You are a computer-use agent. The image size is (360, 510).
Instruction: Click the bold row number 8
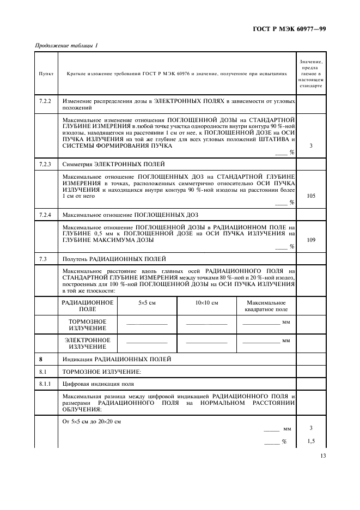tap(40, 360)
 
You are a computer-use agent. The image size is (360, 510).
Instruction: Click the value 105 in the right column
tap(311, 196)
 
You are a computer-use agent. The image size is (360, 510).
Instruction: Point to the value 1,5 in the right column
tap(311, 441)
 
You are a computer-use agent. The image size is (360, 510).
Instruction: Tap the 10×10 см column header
tap(206, 302)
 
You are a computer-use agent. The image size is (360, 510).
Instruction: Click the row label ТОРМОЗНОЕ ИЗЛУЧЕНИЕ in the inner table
tap(88, 325)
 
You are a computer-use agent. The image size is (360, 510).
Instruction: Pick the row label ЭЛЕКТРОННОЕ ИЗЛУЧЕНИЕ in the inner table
tap(88, 343)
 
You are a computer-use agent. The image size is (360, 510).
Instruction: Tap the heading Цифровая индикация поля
tap(98, 384)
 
